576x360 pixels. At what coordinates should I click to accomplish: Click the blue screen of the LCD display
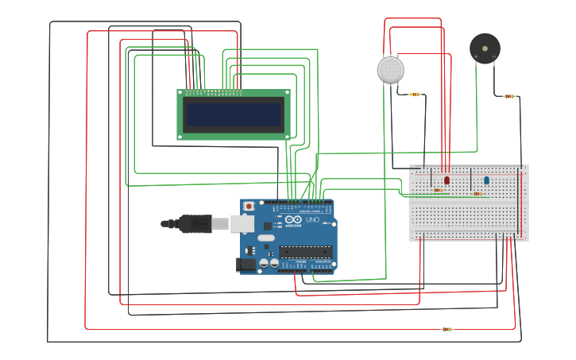234,114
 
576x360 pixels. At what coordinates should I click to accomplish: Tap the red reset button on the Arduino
249,206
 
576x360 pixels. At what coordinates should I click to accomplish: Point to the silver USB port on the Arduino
242,224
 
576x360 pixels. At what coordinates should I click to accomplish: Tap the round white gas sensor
390,70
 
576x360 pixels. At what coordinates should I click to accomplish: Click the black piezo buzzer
485,48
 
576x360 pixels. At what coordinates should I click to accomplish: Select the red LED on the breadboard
446,180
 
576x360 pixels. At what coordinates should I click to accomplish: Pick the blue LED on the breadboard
486,180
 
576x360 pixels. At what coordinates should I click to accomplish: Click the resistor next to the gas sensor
415,95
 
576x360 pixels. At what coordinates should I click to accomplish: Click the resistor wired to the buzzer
509,96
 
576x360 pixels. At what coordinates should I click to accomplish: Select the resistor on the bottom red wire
446,329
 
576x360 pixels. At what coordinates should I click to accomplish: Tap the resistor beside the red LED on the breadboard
438,191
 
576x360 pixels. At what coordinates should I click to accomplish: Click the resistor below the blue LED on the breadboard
478,193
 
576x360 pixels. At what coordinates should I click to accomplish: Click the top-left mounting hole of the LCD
180,93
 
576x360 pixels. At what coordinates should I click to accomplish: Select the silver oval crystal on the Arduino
265,238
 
